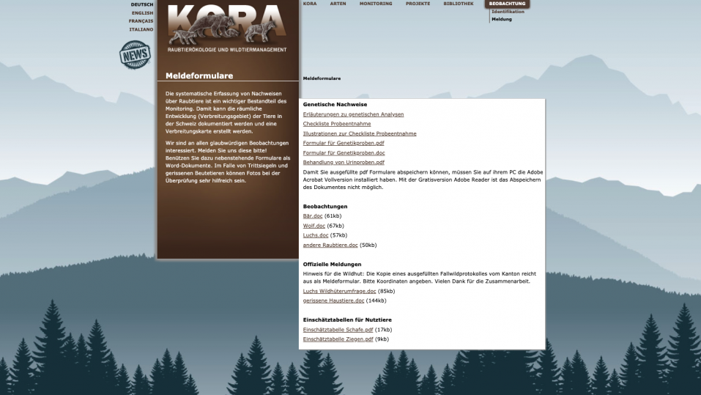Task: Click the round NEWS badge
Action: click(x=136, y=55)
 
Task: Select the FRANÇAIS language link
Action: click(x=141, y=21)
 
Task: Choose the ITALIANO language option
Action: click(x=141, y=29)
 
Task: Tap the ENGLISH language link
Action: click(x=143, y=12)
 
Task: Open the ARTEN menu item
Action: click(x=338, y=4)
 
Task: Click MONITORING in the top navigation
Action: click(x=376, y=4)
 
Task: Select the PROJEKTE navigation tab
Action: click(x=418, y=4)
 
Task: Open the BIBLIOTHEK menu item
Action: click(x=459, y=4)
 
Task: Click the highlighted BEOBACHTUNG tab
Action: click(x=507, y=4)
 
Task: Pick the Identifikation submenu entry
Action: click(x=508, y=12)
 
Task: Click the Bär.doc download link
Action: click(x=313, y=216)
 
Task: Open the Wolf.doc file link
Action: click(x=314, y=226)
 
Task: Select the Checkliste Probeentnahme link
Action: click(x=337, y=124)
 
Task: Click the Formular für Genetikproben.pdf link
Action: click(x=344, y=143)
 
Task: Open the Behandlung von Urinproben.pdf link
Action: click(x=344, y=162)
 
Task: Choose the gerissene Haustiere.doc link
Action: click(x=333, y=300)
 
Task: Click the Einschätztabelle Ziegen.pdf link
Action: click(x=338, y=339)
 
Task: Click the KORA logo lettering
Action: click(x=227, y=22)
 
